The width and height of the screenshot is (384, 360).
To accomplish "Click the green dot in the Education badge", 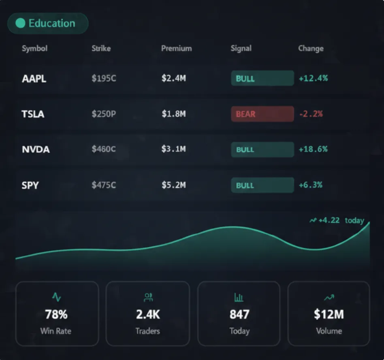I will [20, 23].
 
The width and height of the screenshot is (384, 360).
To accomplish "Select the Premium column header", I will [176, 48].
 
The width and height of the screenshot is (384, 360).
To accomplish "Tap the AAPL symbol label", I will [34, 79].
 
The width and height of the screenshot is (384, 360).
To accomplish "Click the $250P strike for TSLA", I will [104, 114].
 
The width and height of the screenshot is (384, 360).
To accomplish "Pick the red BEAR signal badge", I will [262, 114].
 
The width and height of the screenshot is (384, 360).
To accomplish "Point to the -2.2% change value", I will [311, 114].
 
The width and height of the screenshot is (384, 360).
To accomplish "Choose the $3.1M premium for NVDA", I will [173, 149].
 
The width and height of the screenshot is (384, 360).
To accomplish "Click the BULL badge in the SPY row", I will [262, 185].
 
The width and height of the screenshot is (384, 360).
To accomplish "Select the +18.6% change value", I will [313, 149].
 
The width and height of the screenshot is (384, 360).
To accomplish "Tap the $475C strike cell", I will [104, 185].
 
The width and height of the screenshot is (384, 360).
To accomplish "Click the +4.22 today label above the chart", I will [337, 220].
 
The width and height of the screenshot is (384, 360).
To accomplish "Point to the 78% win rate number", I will [56, 314].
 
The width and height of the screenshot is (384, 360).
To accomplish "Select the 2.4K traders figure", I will [147, 314].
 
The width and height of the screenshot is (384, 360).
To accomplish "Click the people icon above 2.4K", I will [148, 298].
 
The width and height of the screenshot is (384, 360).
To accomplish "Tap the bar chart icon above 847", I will [239, 298].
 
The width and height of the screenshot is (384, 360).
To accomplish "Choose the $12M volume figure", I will [329, 314].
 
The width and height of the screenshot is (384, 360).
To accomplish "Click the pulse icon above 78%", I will [56, 298].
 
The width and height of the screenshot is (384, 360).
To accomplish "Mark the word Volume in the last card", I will [329, 331].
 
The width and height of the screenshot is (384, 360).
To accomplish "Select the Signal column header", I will [241, 48].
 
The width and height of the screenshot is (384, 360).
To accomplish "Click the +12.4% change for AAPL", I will [313, 78].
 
